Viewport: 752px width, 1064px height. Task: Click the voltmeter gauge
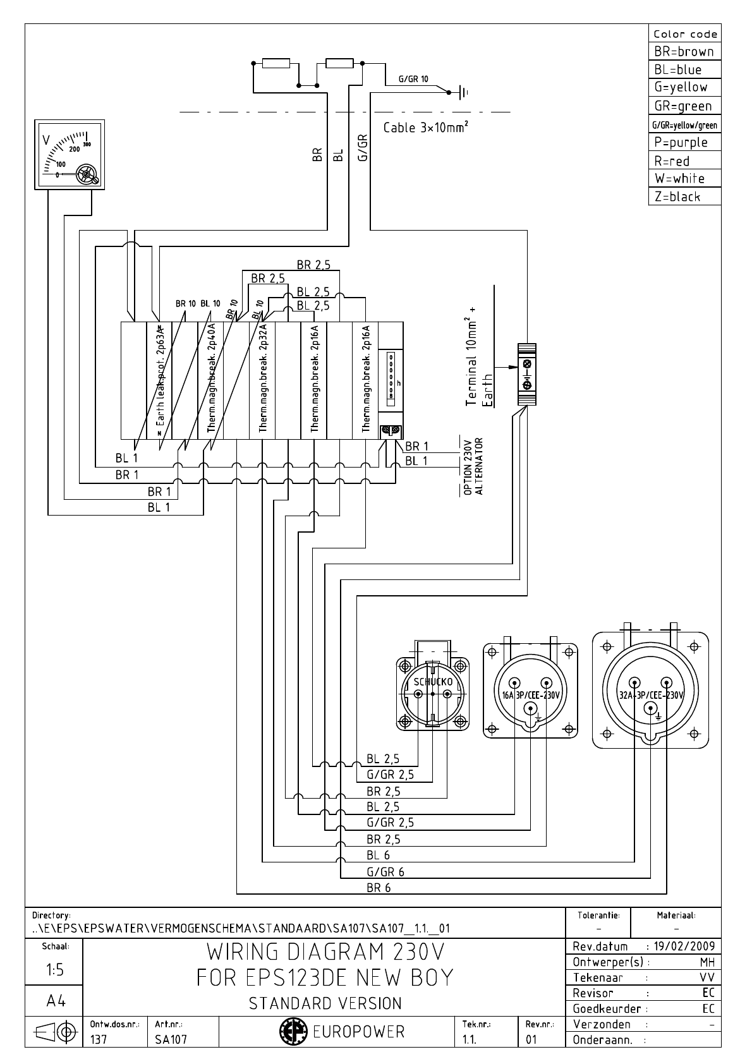point(70,154)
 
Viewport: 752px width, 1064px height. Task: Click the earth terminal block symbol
point(526,374)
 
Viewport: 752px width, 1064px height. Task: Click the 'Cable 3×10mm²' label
point(426,128)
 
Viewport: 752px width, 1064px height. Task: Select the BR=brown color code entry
point(684,52)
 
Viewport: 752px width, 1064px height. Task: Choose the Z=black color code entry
point(677,196)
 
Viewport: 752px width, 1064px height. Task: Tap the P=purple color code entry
point(681,142)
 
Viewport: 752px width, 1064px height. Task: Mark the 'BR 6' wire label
point(379,888)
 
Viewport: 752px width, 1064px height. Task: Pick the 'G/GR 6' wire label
point(385,872)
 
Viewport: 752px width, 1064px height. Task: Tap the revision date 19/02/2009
point(685,946)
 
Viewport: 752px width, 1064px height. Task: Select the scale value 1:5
point(54,970)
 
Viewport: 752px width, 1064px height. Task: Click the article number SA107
point(171,1039)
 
